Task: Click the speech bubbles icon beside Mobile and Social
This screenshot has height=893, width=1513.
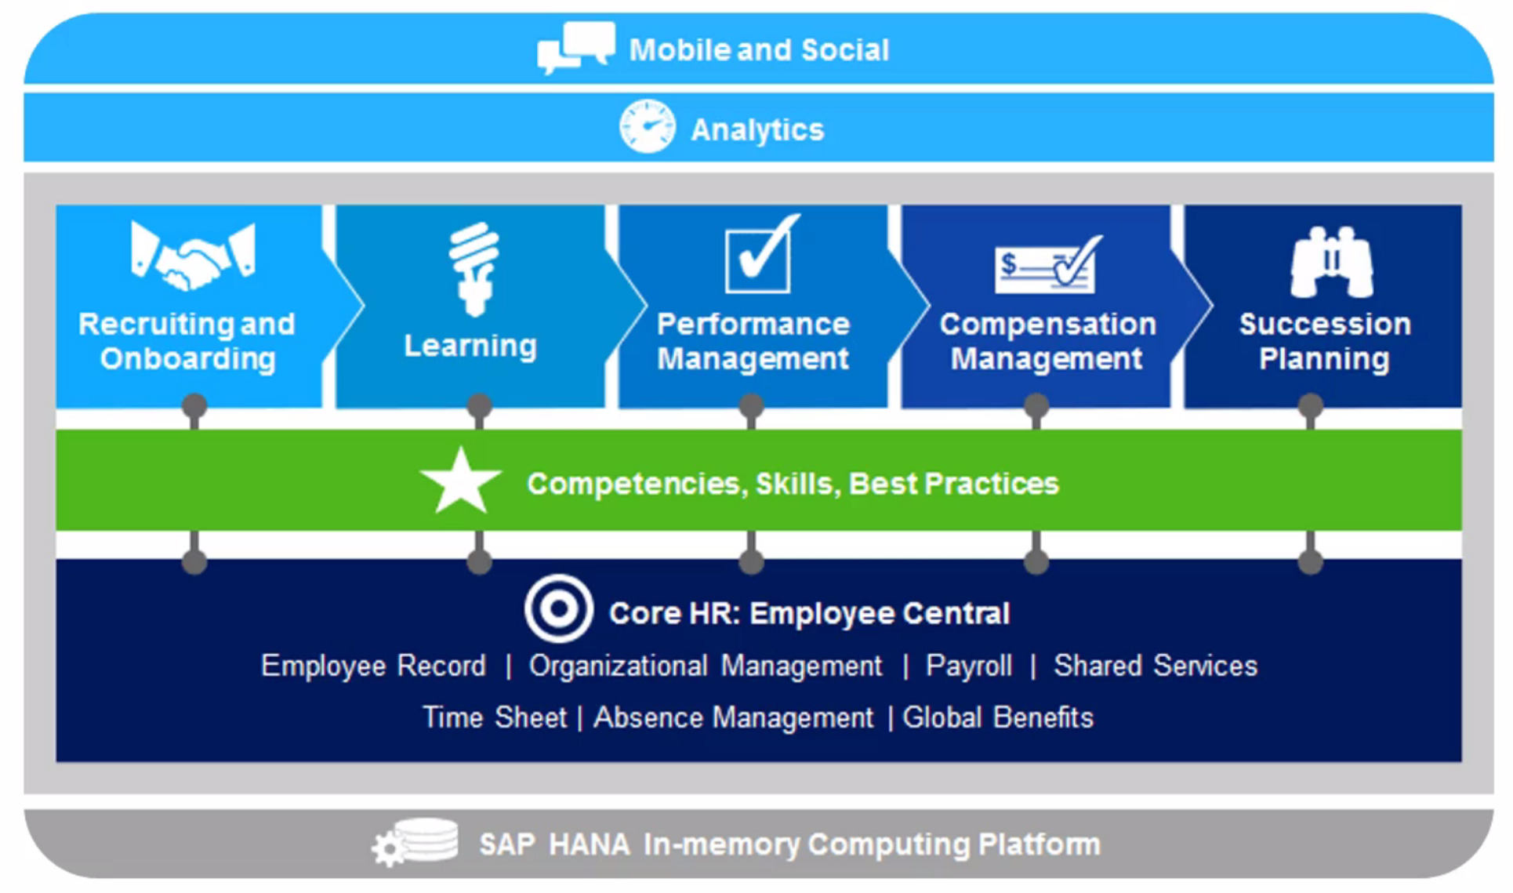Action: click(x=576, y=47)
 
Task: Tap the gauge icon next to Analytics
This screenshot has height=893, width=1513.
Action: click(x=647, y=126)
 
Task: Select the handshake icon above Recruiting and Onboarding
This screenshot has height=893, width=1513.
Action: click(x=193, y=256)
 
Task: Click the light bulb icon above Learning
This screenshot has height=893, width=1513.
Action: click(x=473, y=269)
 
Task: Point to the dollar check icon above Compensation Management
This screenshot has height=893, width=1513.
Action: click(x=1048, y=265)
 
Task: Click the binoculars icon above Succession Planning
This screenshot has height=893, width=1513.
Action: click(x=1332, y=263)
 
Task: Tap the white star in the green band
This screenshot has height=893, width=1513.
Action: click(x=461, y=481)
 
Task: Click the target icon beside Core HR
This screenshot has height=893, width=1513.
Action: click(x=558, y=609)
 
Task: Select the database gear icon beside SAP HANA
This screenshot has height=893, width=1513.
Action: click(x=415, y=842)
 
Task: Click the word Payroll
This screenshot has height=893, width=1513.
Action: click(x=969, y=666)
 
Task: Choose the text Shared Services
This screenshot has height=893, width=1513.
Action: click(x=1156, y=666)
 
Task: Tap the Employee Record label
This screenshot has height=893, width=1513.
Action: click(x=373, y=666)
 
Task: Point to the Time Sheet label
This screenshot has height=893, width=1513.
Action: click(x=494, y=717)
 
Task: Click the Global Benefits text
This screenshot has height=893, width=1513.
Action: click(x=998, y=717)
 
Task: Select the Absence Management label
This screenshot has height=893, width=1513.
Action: click(x=733, y=717)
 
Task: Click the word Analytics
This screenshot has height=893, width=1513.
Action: click(x=757, y=129)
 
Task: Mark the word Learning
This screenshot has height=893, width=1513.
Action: click(x=470, y=346)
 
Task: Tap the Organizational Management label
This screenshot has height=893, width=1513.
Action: click(x=706, y=666)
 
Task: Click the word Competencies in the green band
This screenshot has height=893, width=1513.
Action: click(x=633, y=485)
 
